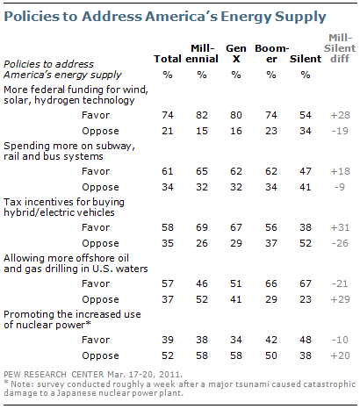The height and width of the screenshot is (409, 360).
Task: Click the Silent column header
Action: pyautogui.click(x=306, y=59)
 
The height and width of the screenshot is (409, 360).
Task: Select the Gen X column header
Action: pyautogui.click(x=236, y=54)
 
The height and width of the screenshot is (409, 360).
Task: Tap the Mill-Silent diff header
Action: pyautogui.click(x=340, y=48)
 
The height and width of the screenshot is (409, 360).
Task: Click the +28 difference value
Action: pyautogui.click(x=340, y=115)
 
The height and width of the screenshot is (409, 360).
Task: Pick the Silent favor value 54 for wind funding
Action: pyautogui.click(x=306, y=115)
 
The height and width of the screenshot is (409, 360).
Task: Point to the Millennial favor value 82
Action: pyautogui.click(x=202, y=115)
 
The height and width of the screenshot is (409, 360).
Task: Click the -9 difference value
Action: pyautogui.click(x=340, y=187)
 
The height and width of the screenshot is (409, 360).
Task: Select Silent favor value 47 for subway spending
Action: pyautogui.click(x=306, y=171)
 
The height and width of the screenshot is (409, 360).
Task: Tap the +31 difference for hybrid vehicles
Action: pyautogui.click(x=340, y=227)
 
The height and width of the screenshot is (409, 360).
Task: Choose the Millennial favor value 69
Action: pyautogui.click(x=202, y=227)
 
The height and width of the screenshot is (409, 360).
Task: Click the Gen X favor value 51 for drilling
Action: pyautogui.click(x=236, y=283)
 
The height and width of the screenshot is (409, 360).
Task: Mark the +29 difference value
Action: pyautogui.click(x=340, y=299)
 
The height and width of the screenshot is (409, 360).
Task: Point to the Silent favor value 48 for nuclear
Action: pyautogui.click(x=306, y=340)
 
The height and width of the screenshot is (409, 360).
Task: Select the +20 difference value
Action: pyautogui.click(x=340, y=355)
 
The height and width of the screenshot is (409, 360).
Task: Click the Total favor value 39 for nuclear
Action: pyautogui.click(x=168, y=340)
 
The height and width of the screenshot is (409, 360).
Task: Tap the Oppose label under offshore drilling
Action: pyautogui.click(x=100, y=300)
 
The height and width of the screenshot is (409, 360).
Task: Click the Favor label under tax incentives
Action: pyautogui.click(x=96, y=227)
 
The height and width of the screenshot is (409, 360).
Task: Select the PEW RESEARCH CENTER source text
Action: pyautogui.click(x=54, y=375)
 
